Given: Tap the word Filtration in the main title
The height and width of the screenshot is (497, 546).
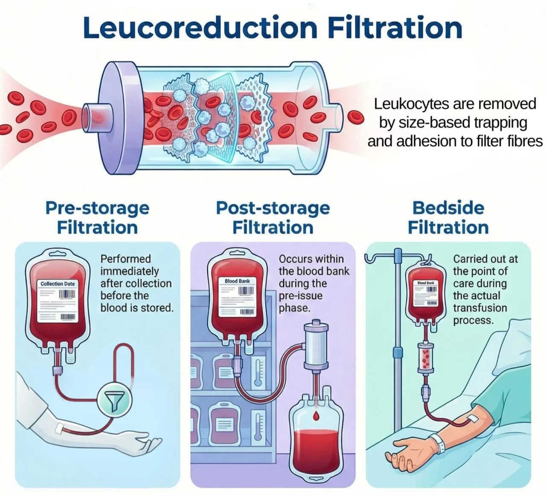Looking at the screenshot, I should pos(396,28).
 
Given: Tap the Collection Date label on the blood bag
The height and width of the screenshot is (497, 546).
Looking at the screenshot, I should pos(58,284).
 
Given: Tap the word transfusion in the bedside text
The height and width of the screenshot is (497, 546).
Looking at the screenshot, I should pos(480,308).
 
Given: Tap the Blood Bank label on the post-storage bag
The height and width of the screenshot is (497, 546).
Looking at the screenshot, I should pos(237,281).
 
